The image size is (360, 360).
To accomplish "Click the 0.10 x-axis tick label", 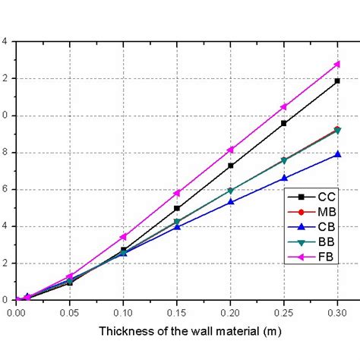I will (x=123, y=312).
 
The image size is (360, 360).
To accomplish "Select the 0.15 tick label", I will (x=177, y=312).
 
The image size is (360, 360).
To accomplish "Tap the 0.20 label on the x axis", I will (x=230, y=312).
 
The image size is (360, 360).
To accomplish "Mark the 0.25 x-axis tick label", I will (x=284, y=312).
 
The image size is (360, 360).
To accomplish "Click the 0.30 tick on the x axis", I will (x=336, y=312).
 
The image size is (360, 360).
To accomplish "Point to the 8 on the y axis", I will (x=5, y=153).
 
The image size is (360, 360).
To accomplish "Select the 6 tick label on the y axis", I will (x=5, y=190).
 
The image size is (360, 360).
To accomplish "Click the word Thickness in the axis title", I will (x=125, y=333).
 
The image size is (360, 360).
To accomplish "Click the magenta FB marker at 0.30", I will (x=336, y=65).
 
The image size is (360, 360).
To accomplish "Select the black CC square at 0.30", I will (x=336, y=81).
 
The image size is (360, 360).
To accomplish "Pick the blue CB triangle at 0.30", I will (x=336, y=154).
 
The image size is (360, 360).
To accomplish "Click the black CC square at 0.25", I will (x=284, y=123).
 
